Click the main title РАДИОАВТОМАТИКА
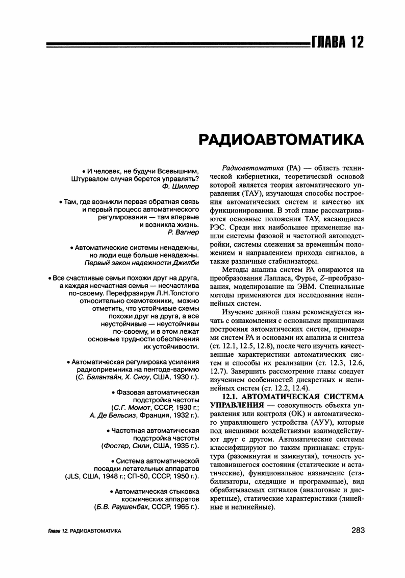(x=281, y=140)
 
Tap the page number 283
(x=358, y=530)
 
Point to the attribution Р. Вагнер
(x=183, y=233)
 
